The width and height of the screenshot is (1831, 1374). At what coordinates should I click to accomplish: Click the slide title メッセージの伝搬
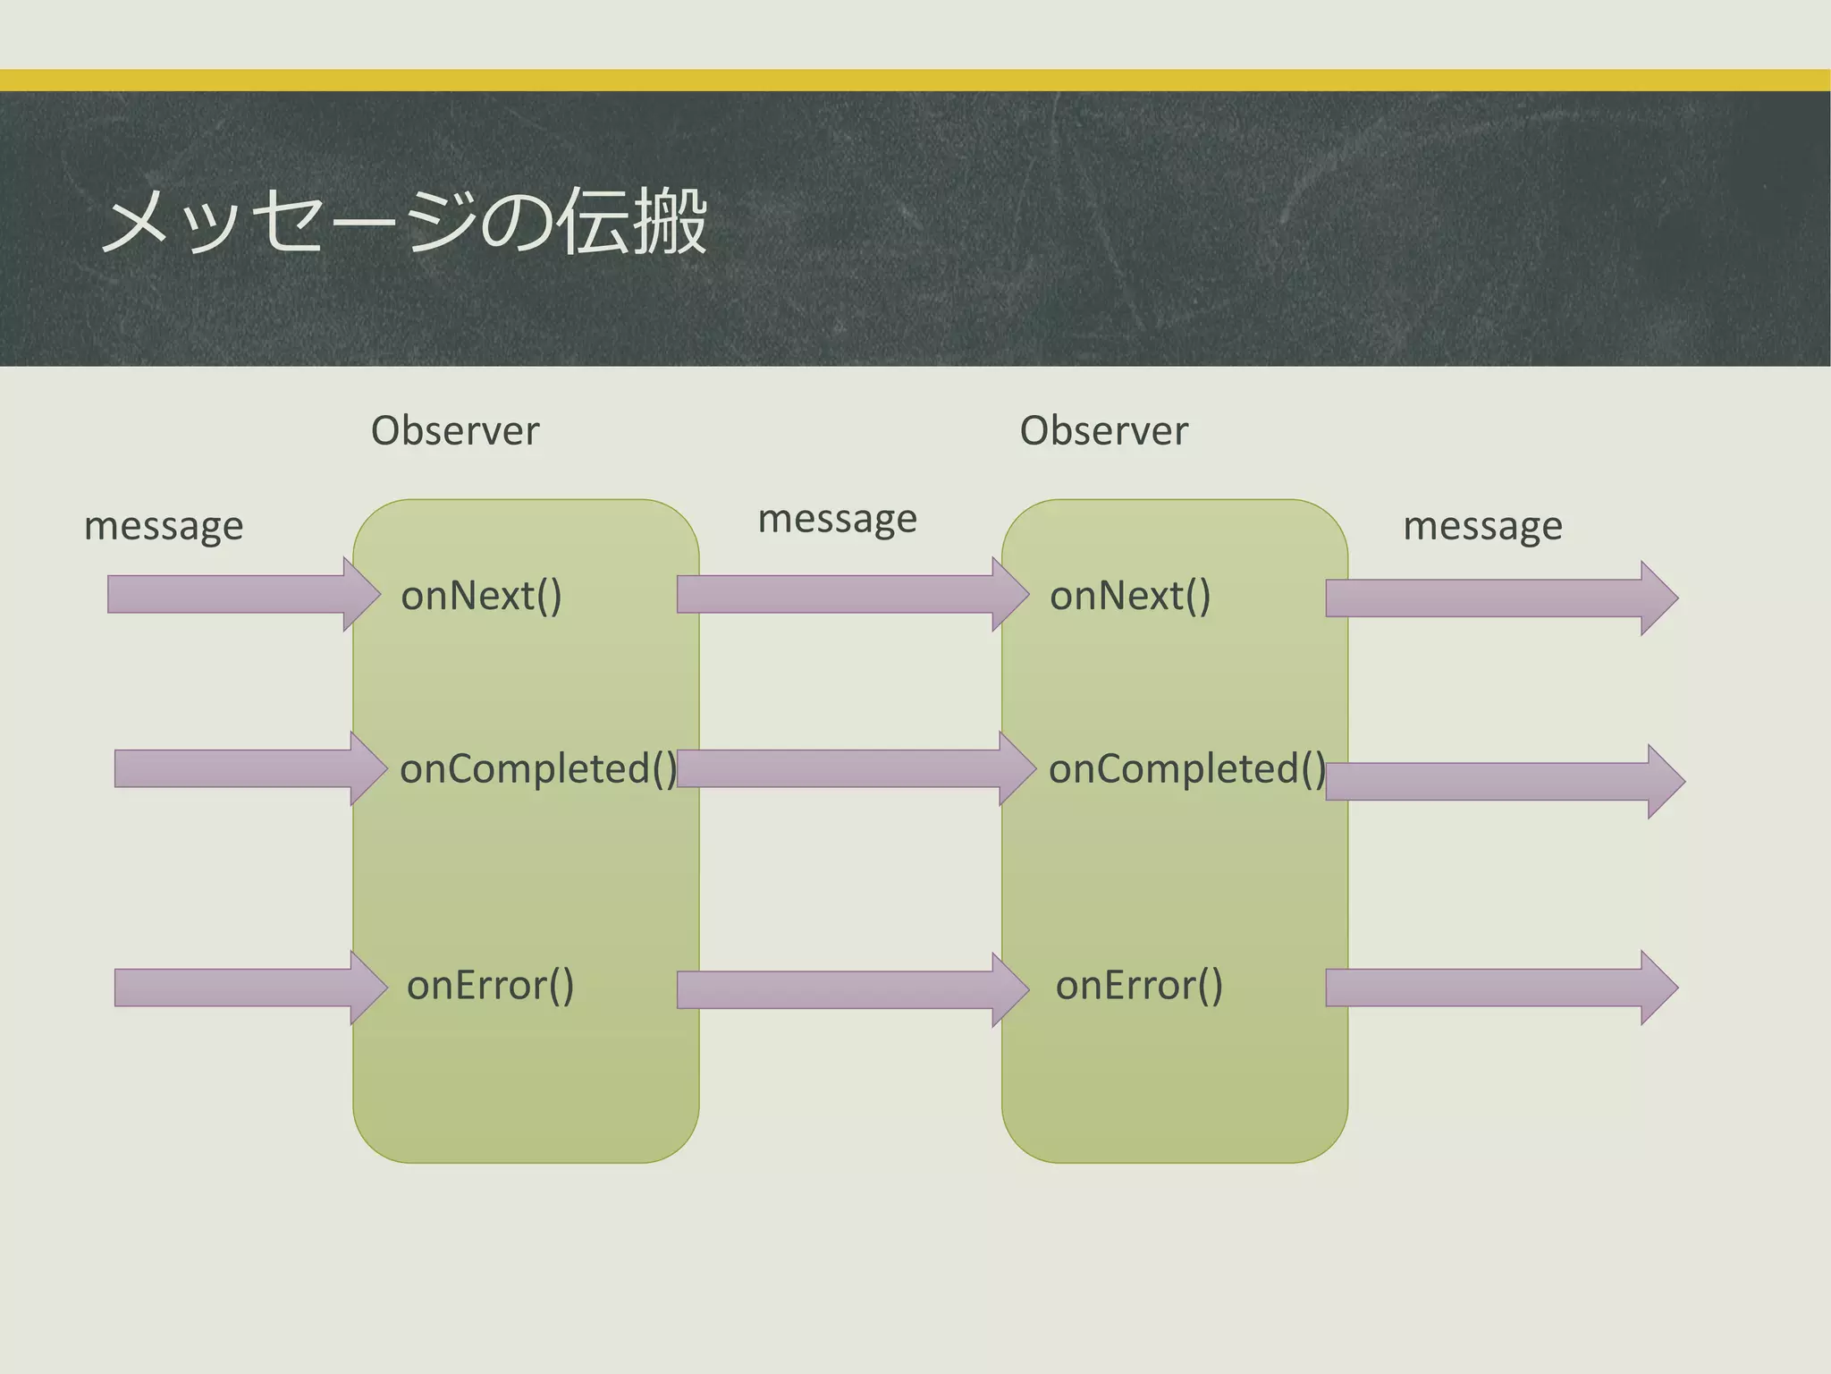(404, 222)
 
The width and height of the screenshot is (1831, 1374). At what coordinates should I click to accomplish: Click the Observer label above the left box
(455, 431)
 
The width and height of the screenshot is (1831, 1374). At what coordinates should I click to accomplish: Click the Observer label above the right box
(1103, 431)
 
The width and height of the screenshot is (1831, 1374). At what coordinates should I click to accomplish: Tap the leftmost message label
(164, 526)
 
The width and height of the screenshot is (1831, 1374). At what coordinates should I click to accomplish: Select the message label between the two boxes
(837, 519)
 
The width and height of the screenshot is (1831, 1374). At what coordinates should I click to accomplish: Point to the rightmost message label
(1482, 526)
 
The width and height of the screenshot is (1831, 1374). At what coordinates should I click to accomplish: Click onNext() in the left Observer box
(481, 596)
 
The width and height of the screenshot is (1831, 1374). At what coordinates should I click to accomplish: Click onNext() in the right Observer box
(1130, 596)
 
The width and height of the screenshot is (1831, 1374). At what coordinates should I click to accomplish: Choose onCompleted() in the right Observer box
(1187, 769)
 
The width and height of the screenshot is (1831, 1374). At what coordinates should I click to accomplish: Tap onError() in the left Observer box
(490, 986)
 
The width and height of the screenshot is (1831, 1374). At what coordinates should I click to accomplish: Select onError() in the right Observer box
(1139, 986)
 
